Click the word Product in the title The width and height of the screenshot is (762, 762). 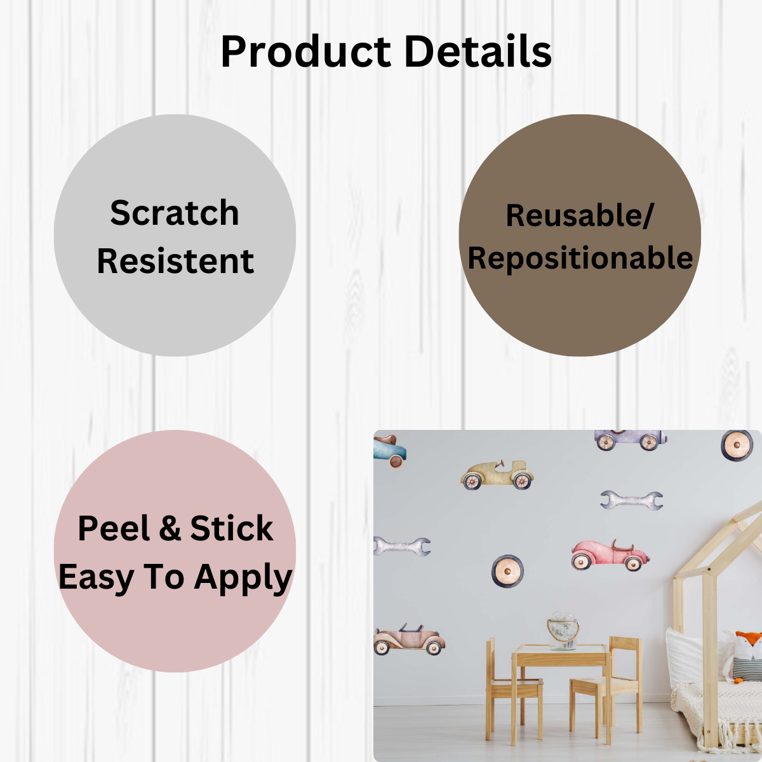[x=305, y=52]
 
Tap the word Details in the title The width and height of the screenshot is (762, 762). [x=478, y=51]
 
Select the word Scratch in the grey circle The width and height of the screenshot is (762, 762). [x=175, y=213]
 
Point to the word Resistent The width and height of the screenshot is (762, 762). [x=175, y=261]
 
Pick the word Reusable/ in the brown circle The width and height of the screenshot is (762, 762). [x=579, y=216]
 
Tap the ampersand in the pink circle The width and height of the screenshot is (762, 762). [x=170, y=528]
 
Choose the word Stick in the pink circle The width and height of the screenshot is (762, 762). [x=231, y=528]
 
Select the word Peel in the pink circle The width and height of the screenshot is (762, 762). [x=114, y=528]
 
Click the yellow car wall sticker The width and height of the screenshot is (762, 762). [x=497, y=474]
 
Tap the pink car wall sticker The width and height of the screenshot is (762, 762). [x=610, y=554]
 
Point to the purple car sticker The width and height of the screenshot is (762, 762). [x=631, y=439]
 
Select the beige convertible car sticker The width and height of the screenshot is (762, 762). [x=409, y=640]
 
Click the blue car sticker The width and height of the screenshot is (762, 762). [x=389, y=451]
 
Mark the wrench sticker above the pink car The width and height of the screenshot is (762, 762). [x=631, y=500]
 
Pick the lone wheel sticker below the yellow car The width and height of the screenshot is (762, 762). [x=507, y=571]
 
